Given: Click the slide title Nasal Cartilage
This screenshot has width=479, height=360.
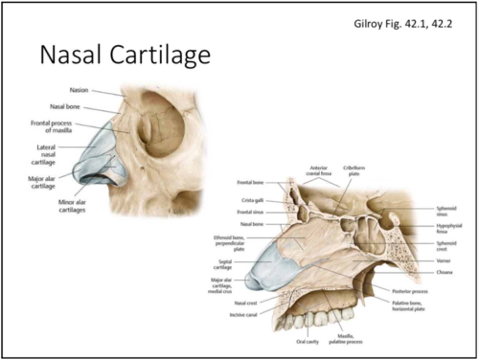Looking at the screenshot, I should (125, 54).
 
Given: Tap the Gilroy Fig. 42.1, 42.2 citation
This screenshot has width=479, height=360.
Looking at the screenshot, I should (402, 24).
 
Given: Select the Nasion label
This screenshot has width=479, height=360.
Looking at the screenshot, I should (79, 90).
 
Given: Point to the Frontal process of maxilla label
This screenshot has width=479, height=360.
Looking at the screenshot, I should (52, 127).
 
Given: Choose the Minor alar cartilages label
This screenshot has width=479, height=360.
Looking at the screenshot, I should (72, 206).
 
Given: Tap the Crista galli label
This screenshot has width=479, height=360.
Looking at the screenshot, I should (252, 200).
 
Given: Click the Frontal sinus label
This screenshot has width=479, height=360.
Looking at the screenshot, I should (250, 212).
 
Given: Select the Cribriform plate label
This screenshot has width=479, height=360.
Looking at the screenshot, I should (354, 170).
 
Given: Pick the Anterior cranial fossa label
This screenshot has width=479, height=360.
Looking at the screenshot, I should (319, 170).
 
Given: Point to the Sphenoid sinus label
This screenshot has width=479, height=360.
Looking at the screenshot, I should (446, 211).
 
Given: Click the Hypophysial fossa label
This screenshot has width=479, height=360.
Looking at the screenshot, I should (449, 228).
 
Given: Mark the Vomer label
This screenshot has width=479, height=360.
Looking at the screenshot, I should (443, 261).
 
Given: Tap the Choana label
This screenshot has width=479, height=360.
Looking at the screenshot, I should (444, 272).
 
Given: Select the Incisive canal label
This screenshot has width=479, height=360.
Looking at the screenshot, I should (243, 314).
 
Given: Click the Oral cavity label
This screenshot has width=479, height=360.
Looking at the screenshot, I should (307, 341).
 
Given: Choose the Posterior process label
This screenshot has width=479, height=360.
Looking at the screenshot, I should (410, 291).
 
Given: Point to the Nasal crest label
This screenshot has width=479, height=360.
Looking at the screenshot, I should (245, 303).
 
